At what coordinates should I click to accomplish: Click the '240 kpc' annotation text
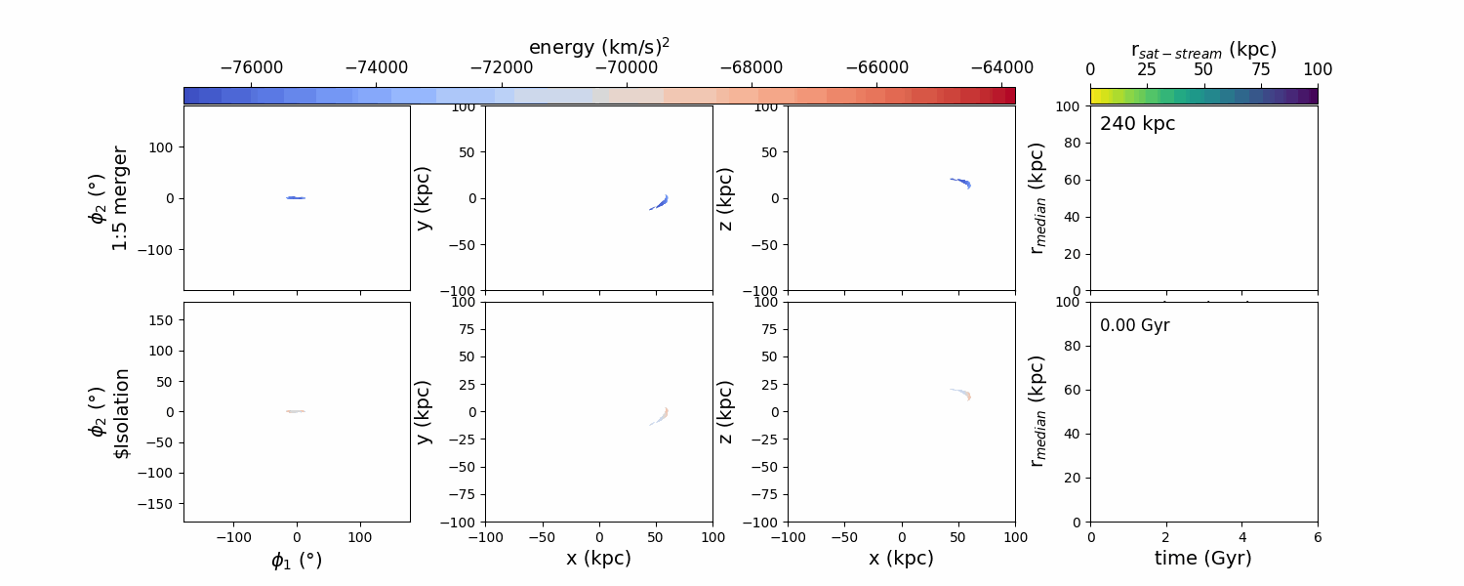point(1137,124)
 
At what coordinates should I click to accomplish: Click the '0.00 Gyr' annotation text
point(1134,325)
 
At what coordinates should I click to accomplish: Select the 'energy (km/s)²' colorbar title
point(598,47)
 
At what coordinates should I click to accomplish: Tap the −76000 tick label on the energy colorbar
point(252,68)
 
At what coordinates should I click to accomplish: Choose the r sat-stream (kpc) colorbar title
point(1203,49)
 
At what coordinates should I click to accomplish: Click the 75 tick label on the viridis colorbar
point(1261,69)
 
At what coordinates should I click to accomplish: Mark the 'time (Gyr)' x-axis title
point(1202,558)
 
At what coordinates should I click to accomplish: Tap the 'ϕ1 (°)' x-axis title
point(296,560)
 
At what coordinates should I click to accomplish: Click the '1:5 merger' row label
point(120,198)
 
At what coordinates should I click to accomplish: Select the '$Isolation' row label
point(120,412)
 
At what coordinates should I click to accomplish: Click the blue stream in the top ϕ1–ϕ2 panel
point(296,198)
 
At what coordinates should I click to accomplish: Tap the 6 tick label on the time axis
point(1317,537)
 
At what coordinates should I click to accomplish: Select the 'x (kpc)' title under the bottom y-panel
point(598,558)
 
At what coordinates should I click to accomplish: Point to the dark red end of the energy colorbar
point(1008,95)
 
